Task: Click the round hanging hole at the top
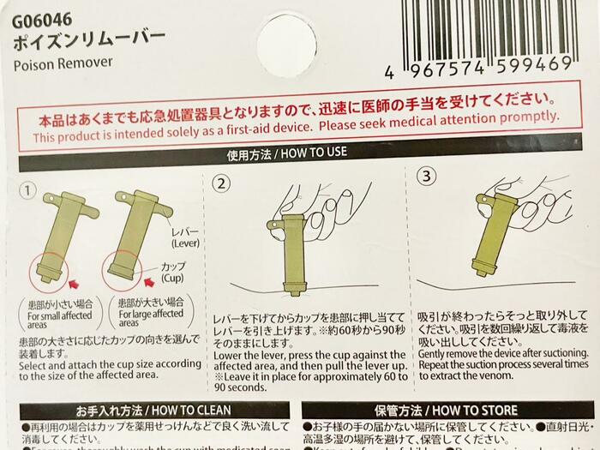286,34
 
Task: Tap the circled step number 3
426,177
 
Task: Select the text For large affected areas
149,318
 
